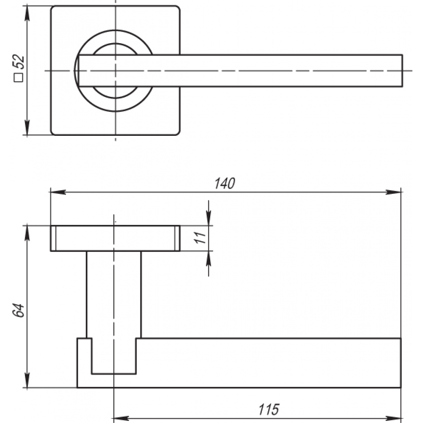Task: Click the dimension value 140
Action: pyautogui.click(x=225, y=184)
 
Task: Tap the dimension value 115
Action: pyautogui.click(x=269, y=409)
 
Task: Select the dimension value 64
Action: pyautogui.click(x=19, y=310)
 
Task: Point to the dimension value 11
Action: pyautogui.click(x=201, y=237)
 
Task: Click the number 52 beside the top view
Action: pyautogui.click(x=19, y=62)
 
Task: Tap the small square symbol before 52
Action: pyautogui.click(x=19, y=77)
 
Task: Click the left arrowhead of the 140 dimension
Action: pyautogui.click(x=58, y=192)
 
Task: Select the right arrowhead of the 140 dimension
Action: pyautogui.click(x=393, y=192)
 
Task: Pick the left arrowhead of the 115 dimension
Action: pyautogui.click(x=121, y=418)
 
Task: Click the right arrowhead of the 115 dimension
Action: pyautogui.click(x=393, y=418)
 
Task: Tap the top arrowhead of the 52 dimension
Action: pyautogui.click(x=27, y=13)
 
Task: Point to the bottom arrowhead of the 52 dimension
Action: pyautogui.click(x=27, y=127)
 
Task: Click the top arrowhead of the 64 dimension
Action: pyautogui.click(x=27, y=233)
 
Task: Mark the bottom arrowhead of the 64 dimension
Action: pyautogui.click(x=27, y=380)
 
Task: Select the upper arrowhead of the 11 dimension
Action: pyautogui.click(x=209, y=218)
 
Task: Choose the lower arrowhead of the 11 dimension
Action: pyautogui.click(x=209, y=258)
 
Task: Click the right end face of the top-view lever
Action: pyautogui.click(x=402, y=71)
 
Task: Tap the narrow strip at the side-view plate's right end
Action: pyautogui.click(x=177, y=238)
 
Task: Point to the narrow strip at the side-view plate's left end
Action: pyautogui.click(x=53, y=238)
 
